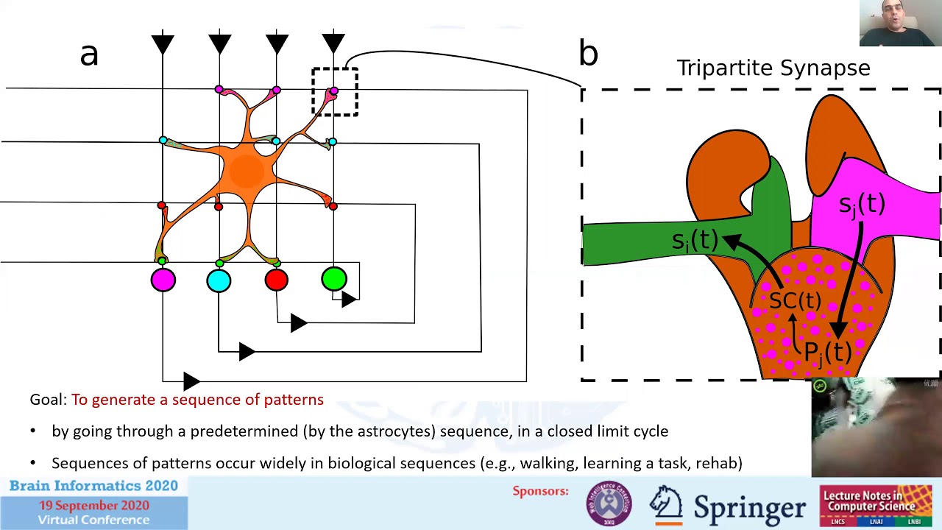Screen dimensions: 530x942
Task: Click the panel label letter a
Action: [89, 54]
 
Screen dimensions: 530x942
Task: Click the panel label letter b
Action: [588, 53]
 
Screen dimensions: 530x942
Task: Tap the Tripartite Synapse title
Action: [773, 68]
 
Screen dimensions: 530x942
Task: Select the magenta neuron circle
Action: [163, 280]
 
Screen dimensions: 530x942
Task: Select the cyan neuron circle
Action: [219, 280]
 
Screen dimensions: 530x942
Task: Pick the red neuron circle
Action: [277, 280]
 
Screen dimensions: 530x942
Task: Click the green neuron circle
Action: [334, 279]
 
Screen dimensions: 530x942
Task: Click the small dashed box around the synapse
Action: [335, 92]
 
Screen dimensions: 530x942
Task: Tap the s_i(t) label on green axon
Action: [694, 241]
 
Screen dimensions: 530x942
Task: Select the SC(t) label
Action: [795, 300]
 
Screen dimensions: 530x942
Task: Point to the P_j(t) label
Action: [828, 352]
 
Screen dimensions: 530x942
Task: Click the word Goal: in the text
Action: [49, 400]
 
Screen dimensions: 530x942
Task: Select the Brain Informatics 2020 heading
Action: [93, 486]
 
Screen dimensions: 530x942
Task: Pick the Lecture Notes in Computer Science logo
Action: [876, 505]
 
